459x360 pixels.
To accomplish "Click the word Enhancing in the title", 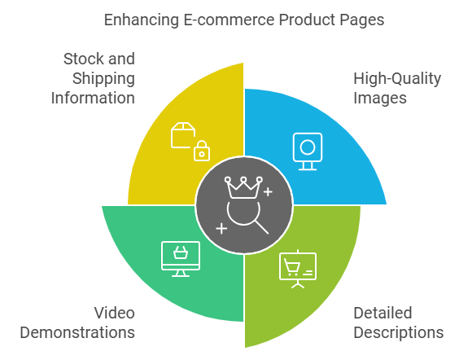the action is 142,20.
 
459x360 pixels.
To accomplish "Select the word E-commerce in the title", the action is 229,20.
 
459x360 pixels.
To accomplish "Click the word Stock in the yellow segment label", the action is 85,59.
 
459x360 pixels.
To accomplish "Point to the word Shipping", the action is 103,79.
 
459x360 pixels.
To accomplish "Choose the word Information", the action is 93,98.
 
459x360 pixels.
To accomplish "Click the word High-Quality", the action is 397,79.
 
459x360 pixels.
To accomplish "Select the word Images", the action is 380,99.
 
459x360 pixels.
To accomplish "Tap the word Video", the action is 115,313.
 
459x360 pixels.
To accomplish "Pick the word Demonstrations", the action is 77,332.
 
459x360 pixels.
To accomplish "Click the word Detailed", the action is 382,313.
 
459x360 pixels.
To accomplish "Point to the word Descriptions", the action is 399,333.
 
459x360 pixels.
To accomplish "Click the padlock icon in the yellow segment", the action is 202,151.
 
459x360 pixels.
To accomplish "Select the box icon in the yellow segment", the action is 183,135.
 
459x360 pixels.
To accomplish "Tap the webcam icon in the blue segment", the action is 308,151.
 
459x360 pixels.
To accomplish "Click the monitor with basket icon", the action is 181,259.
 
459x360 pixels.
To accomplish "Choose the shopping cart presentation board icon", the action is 298,269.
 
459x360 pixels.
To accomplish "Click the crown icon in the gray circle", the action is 243,187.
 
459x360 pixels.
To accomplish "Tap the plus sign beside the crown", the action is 268,192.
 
